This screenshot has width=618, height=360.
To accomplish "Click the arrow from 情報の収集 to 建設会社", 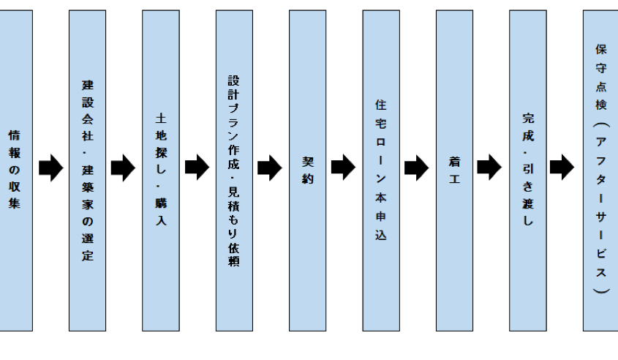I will [50, 168].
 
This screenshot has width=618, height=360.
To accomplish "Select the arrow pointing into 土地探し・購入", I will [124, 168].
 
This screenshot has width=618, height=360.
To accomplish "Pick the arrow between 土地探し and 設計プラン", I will [197, 168].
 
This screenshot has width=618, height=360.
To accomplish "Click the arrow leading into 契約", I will [270, 168].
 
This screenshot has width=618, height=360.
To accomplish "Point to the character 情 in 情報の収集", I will [14, 135].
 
